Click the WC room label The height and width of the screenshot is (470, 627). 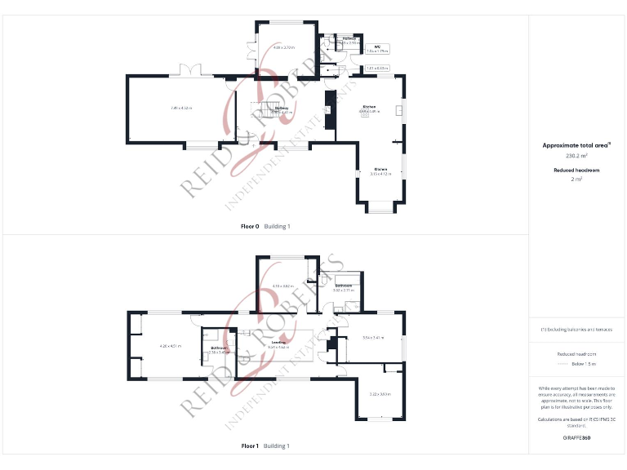click(x=377, y=47)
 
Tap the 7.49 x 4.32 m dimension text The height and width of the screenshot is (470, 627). click(x=181, y=108)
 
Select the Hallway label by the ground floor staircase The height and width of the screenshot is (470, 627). click(x=282, y=108)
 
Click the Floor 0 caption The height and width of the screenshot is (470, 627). click(x=251, y=226)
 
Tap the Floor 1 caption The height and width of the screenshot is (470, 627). click(x=251, y=446)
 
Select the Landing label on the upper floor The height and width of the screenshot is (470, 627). click(x=278, y=343)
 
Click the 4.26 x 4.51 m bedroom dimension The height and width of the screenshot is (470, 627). click(x=170, y=347)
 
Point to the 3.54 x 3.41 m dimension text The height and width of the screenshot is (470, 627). click(x=373, y=338)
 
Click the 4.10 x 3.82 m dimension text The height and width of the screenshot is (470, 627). click(x=282, y=286)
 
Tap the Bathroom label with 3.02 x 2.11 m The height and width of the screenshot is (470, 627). click(x=343, y=286)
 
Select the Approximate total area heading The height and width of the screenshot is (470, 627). click(x=576, y=145)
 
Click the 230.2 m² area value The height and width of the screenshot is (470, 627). click(x=576, y=155)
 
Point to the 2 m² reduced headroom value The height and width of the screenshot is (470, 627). click(x=576, y=180)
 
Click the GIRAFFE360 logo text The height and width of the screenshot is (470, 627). click(x=576, y=438)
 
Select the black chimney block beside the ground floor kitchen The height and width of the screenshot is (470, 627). click(x=329, y=109)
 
